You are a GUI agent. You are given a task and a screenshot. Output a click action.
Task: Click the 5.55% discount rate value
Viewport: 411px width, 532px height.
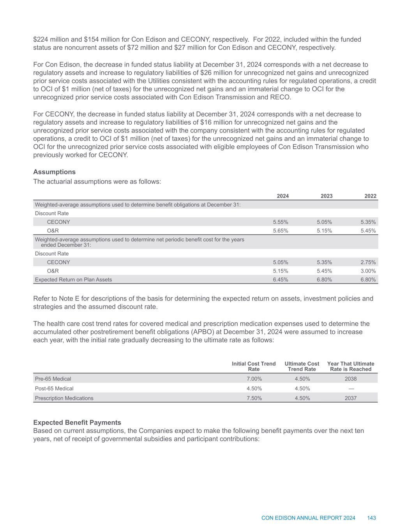280,222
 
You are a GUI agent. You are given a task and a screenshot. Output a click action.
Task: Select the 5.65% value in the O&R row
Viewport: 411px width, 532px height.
280,230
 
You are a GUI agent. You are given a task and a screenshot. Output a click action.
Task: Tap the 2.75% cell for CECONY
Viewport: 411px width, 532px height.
368,262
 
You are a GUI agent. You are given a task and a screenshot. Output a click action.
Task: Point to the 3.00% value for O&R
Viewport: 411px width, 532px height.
368,271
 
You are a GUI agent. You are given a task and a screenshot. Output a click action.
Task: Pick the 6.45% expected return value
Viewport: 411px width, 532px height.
280,279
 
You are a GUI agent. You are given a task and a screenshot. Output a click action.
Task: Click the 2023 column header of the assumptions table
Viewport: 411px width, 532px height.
326,196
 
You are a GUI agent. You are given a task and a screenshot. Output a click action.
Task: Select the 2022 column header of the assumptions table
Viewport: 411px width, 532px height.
370,196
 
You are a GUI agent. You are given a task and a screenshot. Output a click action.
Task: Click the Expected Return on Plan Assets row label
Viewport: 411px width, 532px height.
73,279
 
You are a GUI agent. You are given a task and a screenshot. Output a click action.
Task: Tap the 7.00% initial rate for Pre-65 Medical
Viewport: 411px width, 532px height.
254,378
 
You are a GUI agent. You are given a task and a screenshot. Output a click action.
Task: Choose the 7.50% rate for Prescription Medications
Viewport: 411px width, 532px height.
254,398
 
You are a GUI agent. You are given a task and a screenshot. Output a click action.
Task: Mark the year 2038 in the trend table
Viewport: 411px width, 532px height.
351,378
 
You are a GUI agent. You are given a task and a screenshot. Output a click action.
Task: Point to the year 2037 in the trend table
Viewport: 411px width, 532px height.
351,398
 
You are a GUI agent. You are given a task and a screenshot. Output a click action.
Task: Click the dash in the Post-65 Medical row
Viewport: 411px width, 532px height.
351,388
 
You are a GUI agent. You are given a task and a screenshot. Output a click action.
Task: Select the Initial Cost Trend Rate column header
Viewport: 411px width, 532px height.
254,366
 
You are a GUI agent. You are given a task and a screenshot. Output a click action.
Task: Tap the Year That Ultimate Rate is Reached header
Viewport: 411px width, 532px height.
351,366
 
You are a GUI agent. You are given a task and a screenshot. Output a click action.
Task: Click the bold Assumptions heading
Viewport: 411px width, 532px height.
55,172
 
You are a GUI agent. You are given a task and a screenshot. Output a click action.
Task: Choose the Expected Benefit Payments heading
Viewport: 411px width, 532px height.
77,422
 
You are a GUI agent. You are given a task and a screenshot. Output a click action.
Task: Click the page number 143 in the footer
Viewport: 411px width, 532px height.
371,518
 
